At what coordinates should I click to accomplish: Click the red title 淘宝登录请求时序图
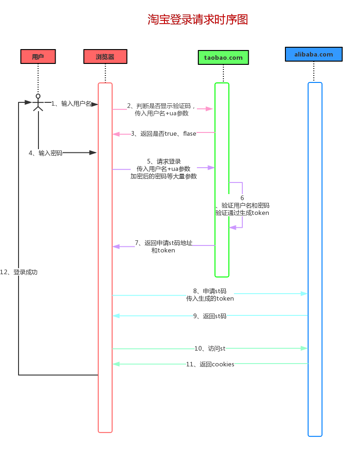click(198, 19)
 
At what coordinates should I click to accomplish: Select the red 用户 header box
click(38, 57)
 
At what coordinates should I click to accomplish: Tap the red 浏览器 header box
click(105, 57)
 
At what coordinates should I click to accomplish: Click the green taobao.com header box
click(223, 57)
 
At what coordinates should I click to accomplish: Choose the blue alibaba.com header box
click(314, 54)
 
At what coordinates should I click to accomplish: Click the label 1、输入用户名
click(71, 103)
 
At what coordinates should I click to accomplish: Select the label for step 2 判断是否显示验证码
click(162, 109)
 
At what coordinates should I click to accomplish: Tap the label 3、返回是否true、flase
click(164, 133)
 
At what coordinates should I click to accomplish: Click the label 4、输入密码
click(45, 153)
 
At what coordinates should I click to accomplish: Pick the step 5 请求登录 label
click(164, 169)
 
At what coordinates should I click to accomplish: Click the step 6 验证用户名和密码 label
click(242, 205)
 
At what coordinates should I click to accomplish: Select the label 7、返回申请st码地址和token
click(163, 246)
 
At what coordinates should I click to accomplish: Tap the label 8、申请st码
click(210, 295)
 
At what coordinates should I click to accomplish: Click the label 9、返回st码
click(210, 316)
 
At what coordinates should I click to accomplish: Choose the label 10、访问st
click(210, 348)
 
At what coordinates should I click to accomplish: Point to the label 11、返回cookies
click(210, 364)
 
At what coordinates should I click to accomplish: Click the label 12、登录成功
click(19, 272)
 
